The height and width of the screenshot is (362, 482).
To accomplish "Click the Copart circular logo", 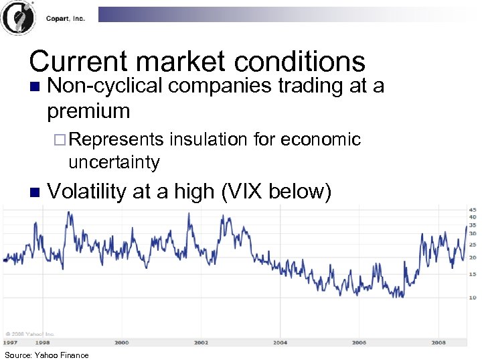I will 18,18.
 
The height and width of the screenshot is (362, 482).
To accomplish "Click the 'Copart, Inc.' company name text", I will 65,19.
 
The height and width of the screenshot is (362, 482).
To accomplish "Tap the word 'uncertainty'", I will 114,162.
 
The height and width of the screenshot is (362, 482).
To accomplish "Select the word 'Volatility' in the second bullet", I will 86,192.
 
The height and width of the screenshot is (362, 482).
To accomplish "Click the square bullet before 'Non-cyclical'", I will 35,87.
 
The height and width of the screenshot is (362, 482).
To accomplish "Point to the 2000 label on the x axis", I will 121,342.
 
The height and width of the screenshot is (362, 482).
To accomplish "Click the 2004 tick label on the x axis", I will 280,342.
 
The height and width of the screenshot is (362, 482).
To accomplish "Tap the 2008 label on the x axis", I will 438,342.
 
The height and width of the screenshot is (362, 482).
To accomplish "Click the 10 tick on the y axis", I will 473,297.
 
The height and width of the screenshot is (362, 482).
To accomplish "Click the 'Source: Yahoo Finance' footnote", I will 46,355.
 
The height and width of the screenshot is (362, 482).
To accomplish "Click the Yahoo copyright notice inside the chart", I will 30,333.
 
